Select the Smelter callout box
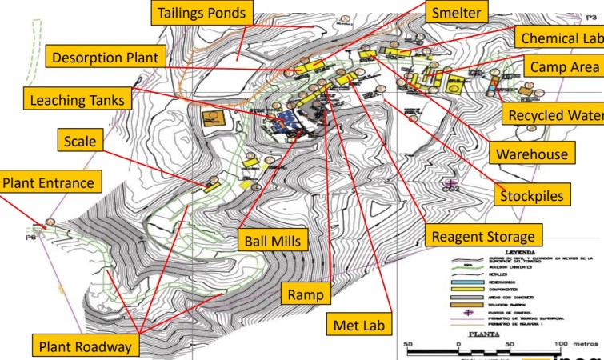[456, 14]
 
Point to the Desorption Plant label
[106, 57]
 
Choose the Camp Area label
[562, 67]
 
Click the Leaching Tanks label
[77, 100]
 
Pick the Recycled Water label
[555, 116]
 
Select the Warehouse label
[531, 153]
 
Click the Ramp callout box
[306, 294]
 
